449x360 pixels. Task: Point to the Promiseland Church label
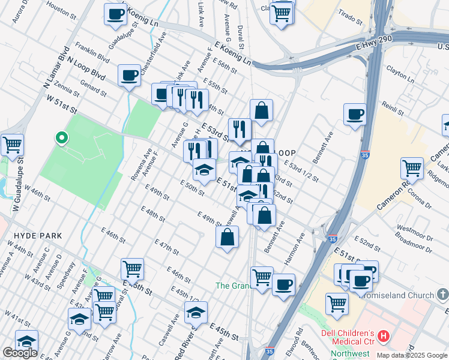point(399,295)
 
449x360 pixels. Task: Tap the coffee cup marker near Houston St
point(115,13)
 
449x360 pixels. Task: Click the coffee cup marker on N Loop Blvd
point(129,76)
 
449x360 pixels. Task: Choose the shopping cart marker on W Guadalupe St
point(12,145)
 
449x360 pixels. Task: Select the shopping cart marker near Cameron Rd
point(411,168)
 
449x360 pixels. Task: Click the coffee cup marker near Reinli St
point(355,113)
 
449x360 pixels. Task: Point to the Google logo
point(20,353)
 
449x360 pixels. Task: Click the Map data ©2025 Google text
point(412,355)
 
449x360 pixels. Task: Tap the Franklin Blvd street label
point(92,53)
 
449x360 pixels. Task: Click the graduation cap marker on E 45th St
point(196,312)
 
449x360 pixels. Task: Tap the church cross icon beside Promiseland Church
point(442,295)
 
